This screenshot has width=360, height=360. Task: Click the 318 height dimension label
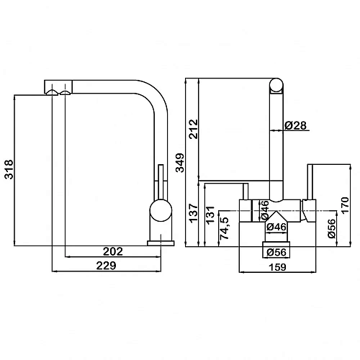pyautogui.click(x=9, y=169)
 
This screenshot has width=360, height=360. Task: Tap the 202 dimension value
pyautogui.click(x=113, y=251)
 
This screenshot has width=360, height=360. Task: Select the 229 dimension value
pyautogui.click(x=106, y=266)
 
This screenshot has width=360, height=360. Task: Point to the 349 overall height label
pyautogui.click(x=180, y=163)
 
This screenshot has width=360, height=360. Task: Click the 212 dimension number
pyautogui.click(x=193, y=129)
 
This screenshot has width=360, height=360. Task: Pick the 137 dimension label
pyautogui.click(x=194, y=213)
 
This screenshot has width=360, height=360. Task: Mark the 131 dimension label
pyautogui.click(x=210, y=215)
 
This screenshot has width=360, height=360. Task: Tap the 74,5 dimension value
pyautogui.click(x=225, y=228)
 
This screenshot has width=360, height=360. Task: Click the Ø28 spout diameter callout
pyautogui.click(x=296, y=125)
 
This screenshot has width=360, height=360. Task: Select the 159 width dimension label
pyautogui.click(x=277, y=267)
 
